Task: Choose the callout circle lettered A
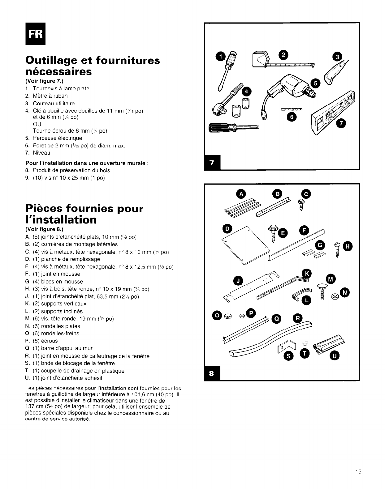(x=241, y=194)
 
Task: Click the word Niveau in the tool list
(x=41, y=153)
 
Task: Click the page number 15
(x=358, y=472)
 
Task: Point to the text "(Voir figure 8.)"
(x=44, y=229)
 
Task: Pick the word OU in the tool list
(x=37, y=124)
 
